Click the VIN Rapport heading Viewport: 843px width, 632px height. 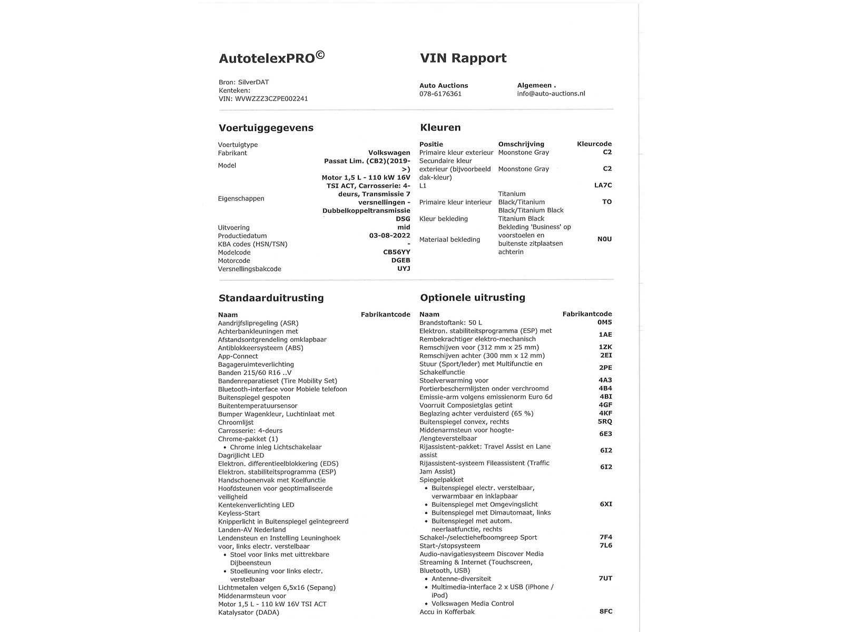pyautogui.click(x=463, y=58)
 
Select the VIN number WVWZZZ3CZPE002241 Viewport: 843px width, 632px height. pyautogui.click(x=271, y=98)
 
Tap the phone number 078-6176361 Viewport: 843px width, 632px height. pyautogui.click(x=440, y=94)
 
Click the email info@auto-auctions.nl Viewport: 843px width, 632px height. pyautogui.click(x=551, y=94)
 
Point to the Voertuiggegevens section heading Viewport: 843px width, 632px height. pyautogui.click(x=266, y=128)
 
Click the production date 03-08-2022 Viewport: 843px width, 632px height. pyautogui.click(x=389, y=236)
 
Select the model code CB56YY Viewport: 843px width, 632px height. pyautogui.click(x=396, y=252)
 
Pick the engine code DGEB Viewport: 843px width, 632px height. pyautogui.click(x=400, y=261)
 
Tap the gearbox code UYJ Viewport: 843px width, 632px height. pyautogui.click(x=404, y=269)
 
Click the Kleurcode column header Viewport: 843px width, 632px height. pyautogui.click(x=594, y=144)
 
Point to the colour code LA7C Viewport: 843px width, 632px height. pyautogui.click(x=603, y=185)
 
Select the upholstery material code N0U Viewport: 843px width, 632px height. pyautogui.click(x=604, y=239)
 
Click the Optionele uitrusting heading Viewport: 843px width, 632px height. pyautogui.click(x=473, y=298)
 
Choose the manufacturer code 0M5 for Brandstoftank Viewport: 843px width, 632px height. pyautogui.click(x=604, y=322)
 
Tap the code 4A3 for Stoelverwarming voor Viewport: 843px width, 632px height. pyautogui.click(x=605, y=380)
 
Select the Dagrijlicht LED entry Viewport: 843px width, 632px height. pyautogui.click(x=241, y=456)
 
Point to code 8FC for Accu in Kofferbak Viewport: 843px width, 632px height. pyautogui.click(x=606, y=611)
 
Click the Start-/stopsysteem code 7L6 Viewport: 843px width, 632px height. pyautogui.click(x=606, y=546)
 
